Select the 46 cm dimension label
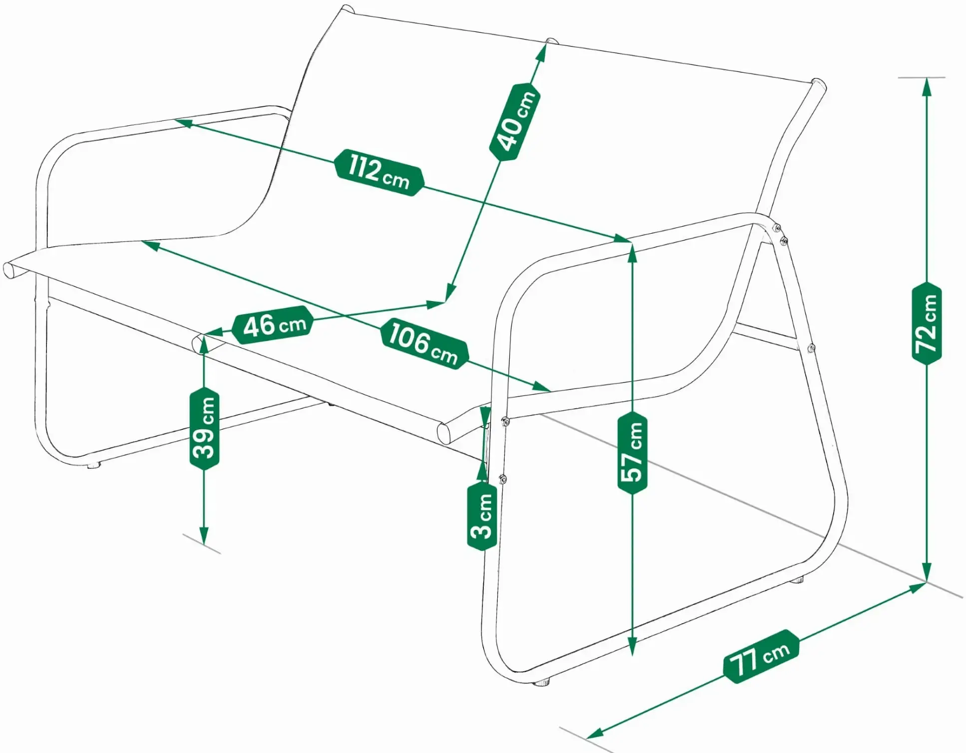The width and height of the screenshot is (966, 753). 273,325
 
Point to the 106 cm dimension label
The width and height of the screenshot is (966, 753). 424,344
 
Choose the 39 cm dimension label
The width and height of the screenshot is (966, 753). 205,428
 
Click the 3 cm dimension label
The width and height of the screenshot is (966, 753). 482,516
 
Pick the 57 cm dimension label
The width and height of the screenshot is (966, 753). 632,452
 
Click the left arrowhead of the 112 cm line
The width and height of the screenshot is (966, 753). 183,122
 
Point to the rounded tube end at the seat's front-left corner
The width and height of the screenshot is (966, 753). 9,270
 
